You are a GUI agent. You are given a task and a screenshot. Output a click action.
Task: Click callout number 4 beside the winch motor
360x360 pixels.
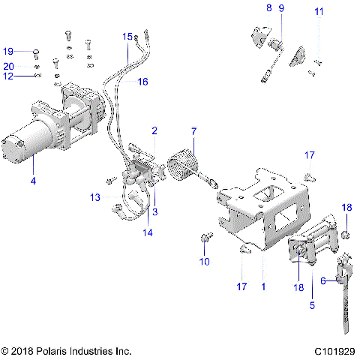33,180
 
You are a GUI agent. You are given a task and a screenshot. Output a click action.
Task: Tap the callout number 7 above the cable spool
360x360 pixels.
193,132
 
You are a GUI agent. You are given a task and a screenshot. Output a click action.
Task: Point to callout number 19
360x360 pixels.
8,52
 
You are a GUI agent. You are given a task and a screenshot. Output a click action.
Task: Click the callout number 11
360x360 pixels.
319,11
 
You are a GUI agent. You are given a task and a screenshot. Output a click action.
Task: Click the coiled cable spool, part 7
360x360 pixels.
185,164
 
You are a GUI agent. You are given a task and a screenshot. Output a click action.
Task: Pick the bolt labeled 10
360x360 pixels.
205,239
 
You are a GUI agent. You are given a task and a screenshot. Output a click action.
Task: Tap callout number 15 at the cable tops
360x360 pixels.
127,36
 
